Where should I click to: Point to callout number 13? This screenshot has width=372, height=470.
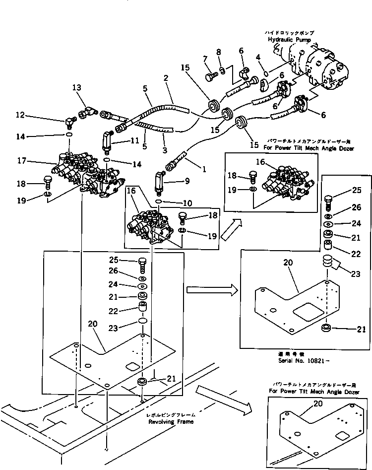[76, 88]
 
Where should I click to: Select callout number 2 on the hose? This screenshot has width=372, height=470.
[166, 78]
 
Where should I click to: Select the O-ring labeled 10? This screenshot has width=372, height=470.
[158, 202]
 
